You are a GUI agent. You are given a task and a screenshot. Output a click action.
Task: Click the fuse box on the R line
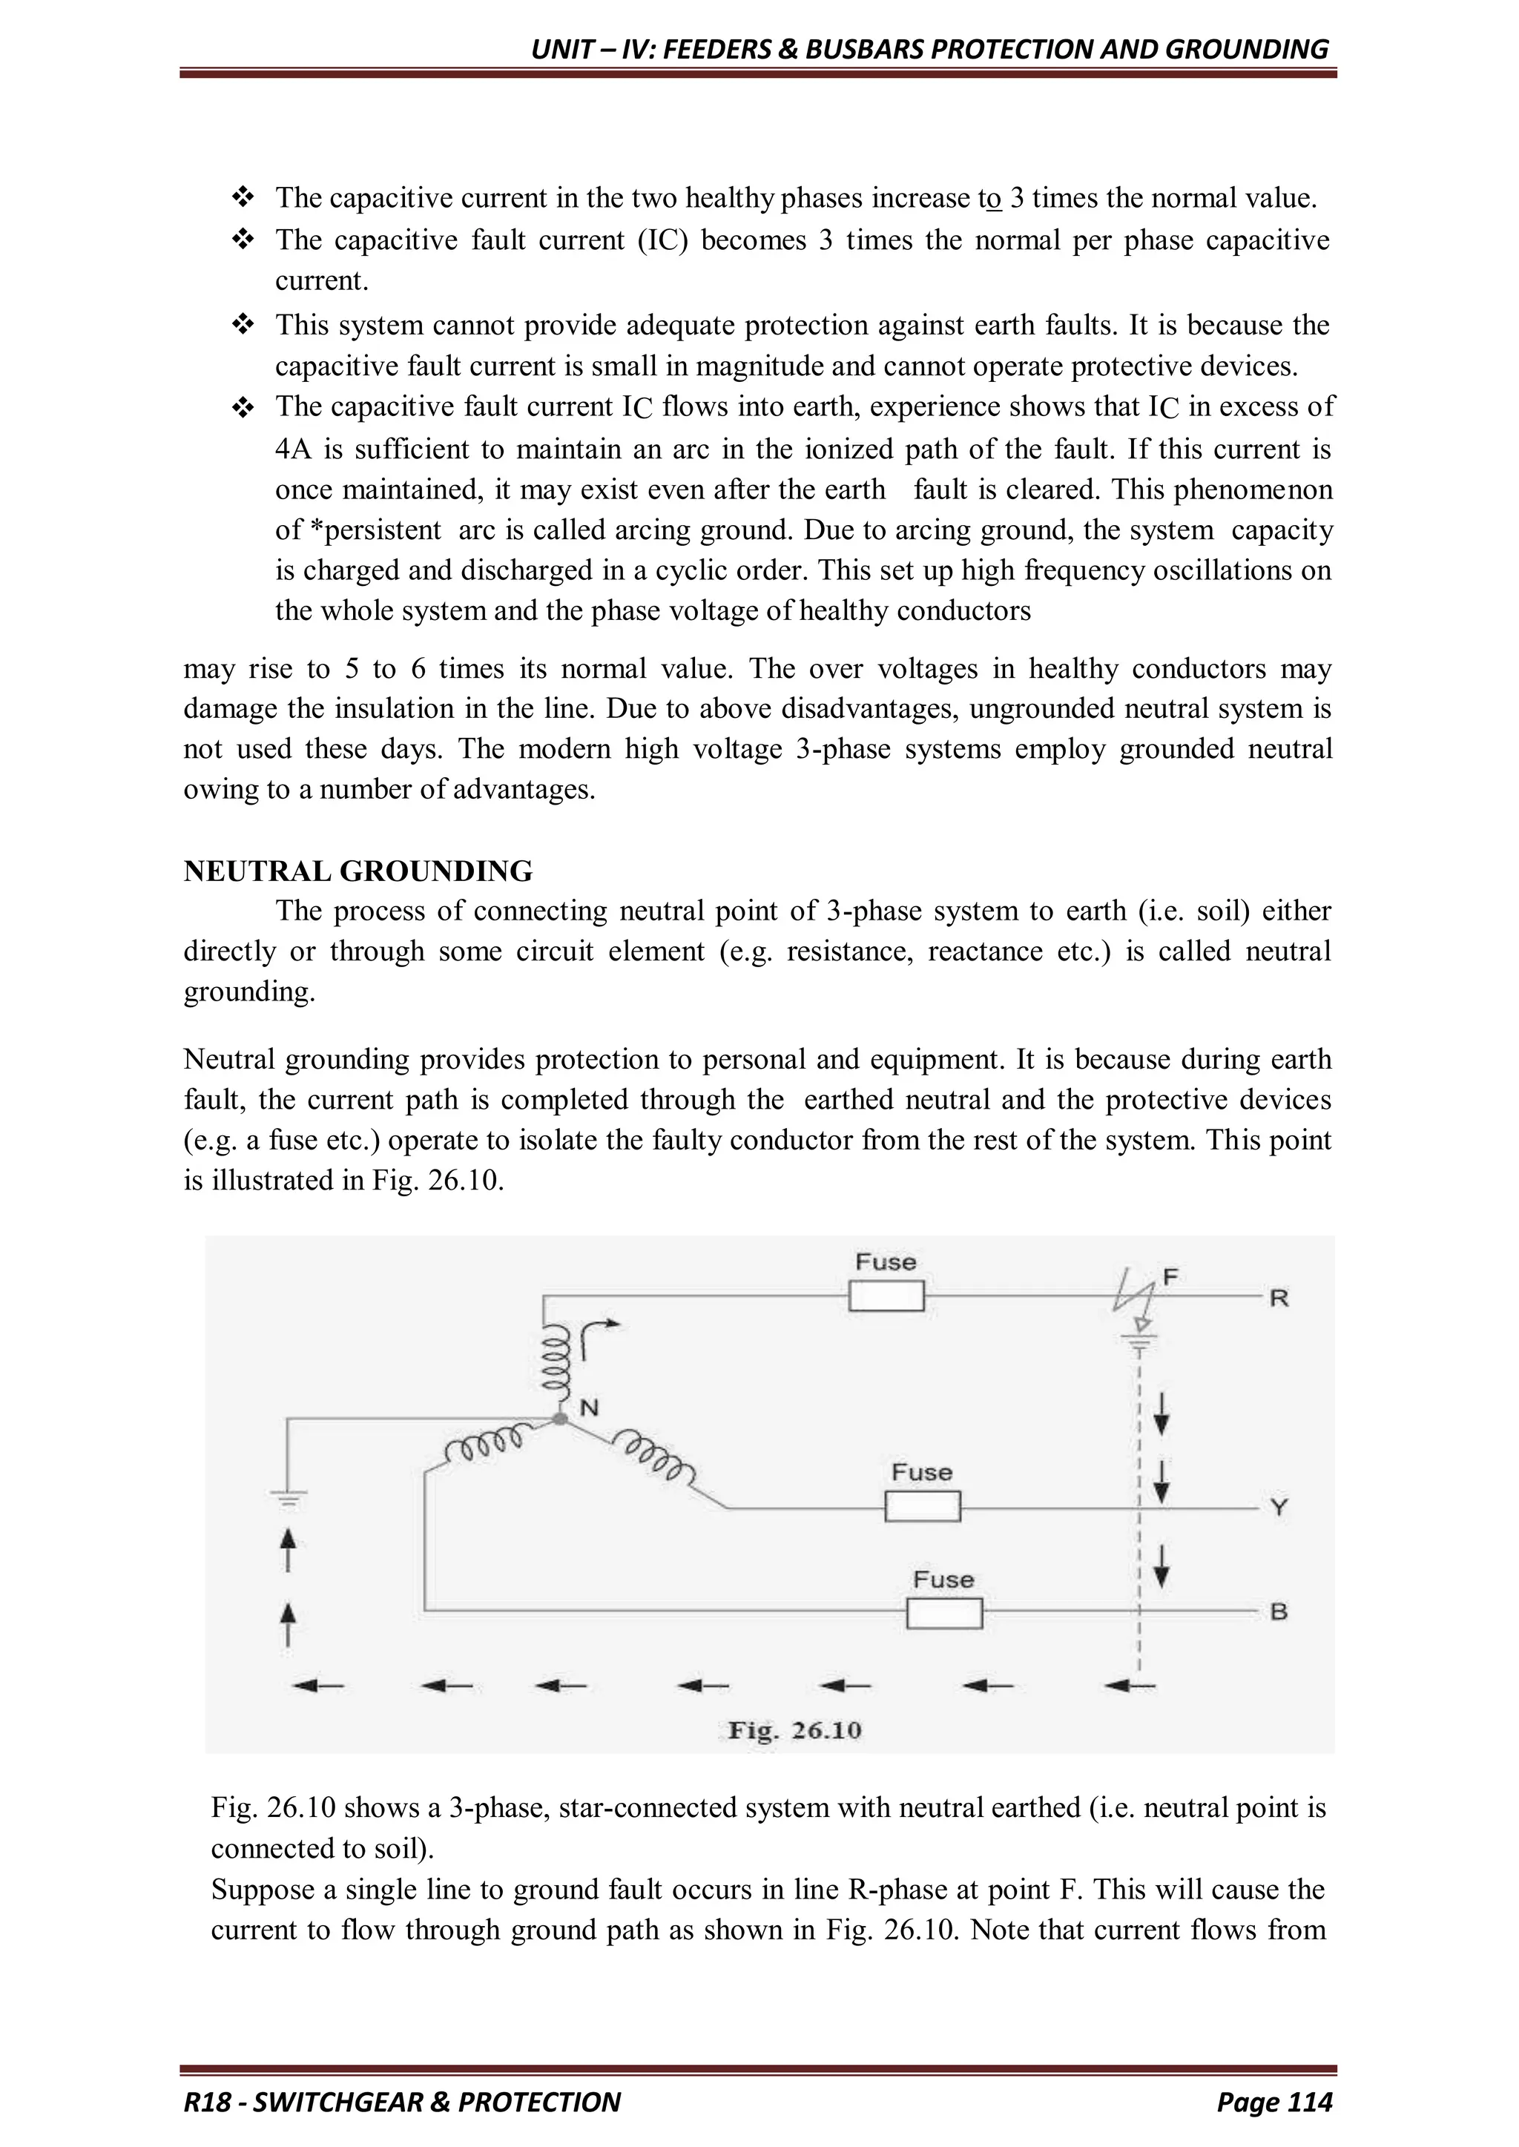coord(886,1296)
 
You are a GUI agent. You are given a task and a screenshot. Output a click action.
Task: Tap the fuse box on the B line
coord(943,1613)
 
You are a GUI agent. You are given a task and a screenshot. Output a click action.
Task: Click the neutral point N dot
coord(560,1419)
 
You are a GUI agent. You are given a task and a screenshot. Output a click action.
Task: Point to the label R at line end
coord(1279,1298)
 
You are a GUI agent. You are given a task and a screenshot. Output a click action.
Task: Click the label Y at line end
coord(1279,1508)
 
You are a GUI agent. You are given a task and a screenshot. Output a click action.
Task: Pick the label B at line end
coord(1279,1612)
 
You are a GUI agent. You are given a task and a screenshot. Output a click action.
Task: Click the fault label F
coord(1170,1276)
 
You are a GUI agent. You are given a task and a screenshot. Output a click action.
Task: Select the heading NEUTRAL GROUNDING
coord(358,871)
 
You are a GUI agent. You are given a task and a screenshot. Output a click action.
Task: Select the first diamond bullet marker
coord(243,198)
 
